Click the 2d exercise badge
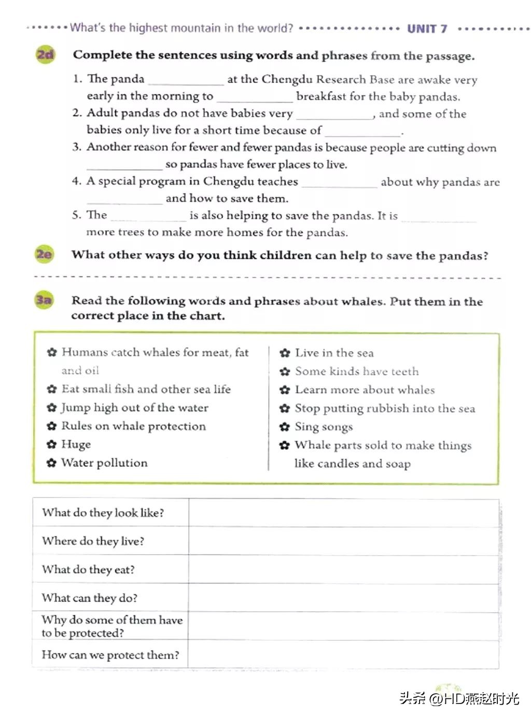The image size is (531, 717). tap(45, 54)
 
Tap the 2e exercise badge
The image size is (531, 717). tap(44, 254)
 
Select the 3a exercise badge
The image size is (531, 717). tap(44, 300)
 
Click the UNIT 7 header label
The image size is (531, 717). tap(427, 29)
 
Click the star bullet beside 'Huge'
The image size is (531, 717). tap(51, 445)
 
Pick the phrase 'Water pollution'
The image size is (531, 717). tap(104, 463)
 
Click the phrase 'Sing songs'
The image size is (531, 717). tap(324, 427)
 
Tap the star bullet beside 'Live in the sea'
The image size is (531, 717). tap(284, 353)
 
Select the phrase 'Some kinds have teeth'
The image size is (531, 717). tap(356, 371)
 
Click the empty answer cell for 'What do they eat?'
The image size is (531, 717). tap(343, 569)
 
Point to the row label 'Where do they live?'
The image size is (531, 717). tap(93, 541)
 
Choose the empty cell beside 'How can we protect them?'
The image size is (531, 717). tap(343, 655)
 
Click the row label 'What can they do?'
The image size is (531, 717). tap(90, 598)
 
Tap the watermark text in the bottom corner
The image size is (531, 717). tap(459, 698)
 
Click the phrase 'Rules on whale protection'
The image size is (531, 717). tap(133, 426)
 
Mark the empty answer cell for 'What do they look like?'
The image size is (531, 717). tap(343, 513)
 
